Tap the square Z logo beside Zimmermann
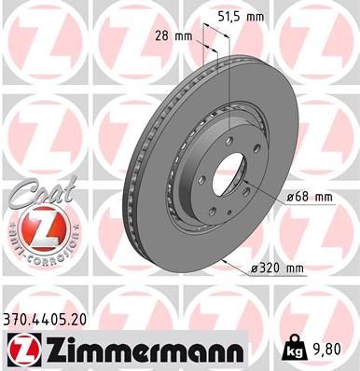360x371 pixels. point(21,350)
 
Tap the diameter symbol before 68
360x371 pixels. point(292,197)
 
